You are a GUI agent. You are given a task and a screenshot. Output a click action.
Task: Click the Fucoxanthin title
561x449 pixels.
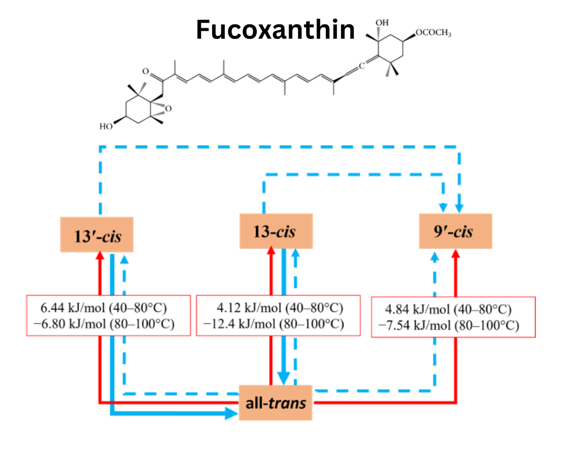click(x=275, y=29)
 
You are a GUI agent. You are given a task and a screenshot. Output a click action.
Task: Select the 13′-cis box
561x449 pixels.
click(x=97, y=235)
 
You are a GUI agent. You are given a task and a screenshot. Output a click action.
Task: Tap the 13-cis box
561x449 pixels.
click(x=276, y=231)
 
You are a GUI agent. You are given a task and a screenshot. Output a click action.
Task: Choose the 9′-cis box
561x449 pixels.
click(x=455, y=231)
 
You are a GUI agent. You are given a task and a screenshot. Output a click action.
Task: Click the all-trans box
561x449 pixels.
click(x=276, y=403)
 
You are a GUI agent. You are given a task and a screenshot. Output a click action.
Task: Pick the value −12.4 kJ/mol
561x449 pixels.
click(x=239, y=324)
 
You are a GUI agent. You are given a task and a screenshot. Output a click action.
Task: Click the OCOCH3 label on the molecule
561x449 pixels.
click(x=433, y=33)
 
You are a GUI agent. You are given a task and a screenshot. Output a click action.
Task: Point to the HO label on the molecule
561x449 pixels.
click(x=106, y=126)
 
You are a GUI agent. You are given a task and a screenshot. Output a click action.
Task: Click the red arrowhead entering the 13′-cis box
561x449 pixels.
click(x=100, y=256)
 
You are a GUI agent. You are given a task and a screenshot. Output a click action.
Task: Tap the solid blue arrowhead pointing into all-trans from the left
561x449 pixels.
click(x=232, y=413)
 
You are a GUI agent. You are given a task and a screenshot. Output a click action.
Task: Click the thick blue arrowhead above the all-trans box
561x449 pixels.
click(x=283, y=378)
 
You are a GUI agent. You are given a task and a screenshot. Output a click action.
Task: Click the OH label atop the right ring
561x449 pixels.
click(x=382, y=22)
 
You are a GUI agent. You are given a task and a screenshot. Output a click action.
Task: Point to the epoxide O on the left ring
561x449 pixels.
click(x=168, y=108)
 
